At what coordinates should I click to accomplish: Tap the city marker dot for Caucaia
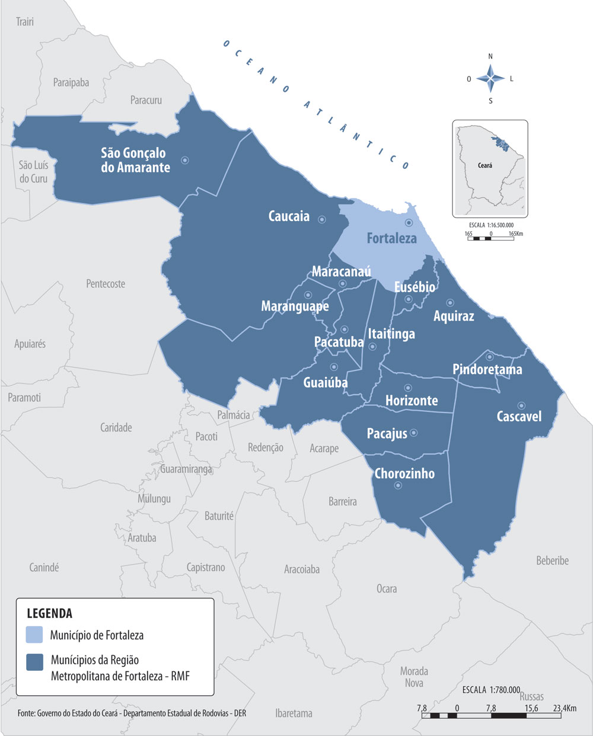click(x=322, y=219)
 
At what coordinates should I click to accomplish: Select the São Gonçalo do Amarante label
click(x=135, y=160)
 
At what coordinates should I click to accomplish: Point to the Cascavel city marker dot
click(x=521, y=405)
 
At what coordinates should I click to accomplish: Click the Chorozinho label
click(x=404, y=473)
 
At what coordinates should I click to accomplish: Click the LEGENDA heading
click(x=49, y=613)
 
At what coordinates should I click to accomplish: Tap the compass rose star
click(x=490, y=78)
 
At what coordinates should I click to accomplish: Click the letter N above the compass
click(x=490, y=57)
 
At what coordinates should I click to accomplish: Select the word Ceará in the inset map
click(x=484, y=165)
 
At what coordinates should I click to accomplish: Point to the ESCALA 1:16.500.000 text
click(x=490, y=225)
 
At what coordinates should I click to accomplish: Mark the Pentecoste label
click(x=106, y=284)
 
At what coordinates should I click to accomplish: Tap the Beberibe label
click(x=552, y=560)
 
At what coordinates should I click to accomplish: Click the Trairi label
click(x=25, y=22)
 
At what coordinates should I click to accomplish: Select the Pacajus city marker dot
click(x=414, y=433)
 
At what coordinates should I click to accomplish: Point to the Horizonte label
click(x=412, y=401)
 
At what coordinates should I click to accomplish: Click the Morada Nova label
click(x=414, y=677)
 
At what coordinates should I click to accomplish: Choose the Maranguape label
click(x=295, y=306)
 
